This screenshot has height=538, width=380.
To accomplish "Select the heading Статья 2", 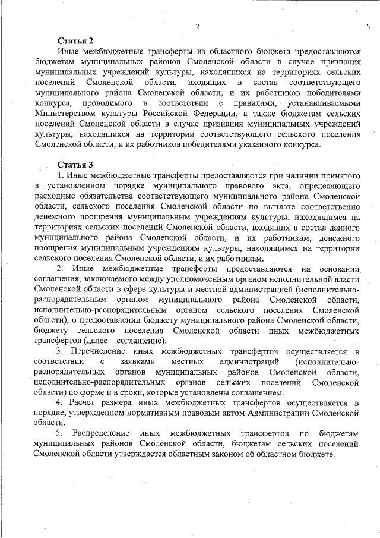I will (x=75, y=41).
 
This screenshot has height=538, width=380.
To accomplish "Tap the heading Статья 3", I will (x=75, y=164).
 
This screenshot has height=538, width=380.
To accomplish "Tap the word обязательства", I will (x=109, y=196).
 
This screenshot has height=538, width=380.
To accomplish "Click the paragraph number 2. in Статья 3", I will (x=60, y=269).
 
